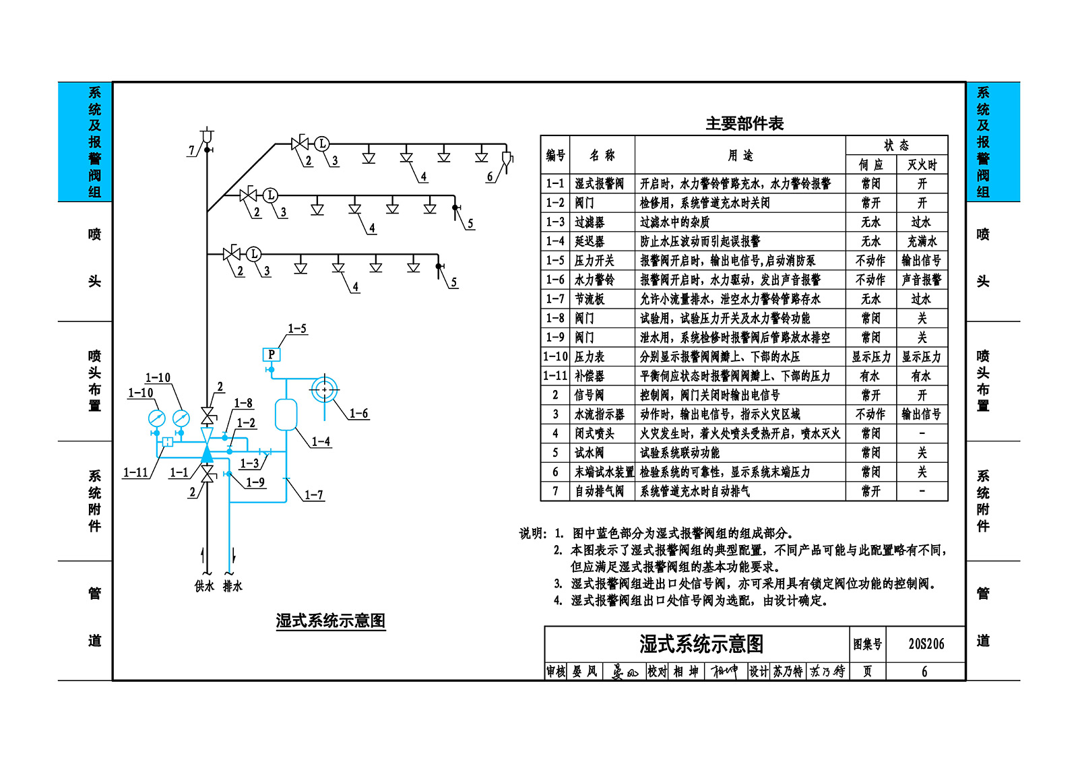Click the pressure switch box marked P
tap(272, 355)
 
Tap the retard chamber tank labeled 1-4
tap(286, 414)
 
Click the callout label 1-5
tap(297, 328)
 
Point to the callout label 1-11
tap(135, 472)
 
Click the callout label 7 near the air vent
tap(191, 151)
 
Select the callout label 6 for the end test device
tap(490, 177)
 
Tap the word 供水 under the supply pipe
tap(204, 586)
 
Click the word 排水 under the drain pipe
tap(232, 586)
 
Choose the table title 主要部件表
tap(744, 124)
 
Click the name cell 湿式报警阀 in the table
tap(599, 183)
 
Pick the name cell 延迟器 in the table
tap(590, 241)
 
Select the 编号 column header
tap(555, 155)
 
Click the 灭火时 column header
tap(922, 164)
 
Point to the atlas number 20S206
tap(926, 643)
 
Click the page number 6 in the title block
tap(924, 672)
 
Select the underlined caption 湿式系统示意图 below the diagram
tap(331, 620)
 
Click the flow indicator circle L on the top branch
tap(322, 144)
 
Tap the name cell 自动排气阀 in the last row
tap(599, 491)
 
